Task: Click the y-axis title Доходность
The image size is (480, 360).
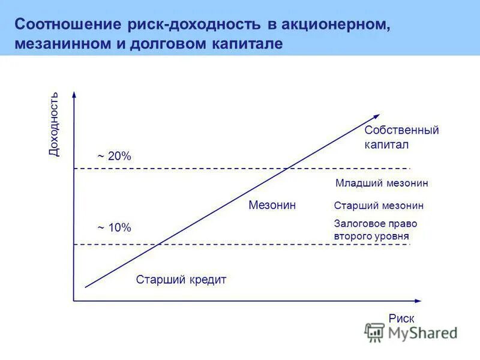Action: pos(55,125)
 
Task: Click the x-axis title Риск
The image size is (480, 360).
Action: pos(401,319)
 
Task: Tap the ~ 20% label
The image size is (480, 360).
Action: pos(114,156)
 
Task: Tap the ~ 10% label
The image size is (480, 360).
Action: pos(114,227)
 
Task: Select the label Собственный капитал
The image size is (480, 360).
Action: pos(401,137)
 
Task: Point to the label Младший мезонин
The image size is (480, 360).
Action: pos(382,184)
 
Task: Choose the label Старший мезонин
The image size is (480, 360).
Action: pos(379,206)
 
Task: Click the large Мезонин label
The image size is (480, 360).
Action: pos(272,205)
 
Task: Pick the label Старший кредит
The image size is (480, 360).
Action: pos(181,280)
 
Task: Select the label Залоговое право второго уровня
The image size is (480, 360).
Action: pos(375,229)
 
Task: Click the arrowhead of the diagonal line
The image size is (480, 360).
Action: pos(376,116)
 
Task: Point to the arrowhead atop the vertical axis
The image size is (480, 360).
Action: pos(74,94)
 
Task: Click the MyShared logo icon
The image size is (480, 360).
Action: pos(374,332)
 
